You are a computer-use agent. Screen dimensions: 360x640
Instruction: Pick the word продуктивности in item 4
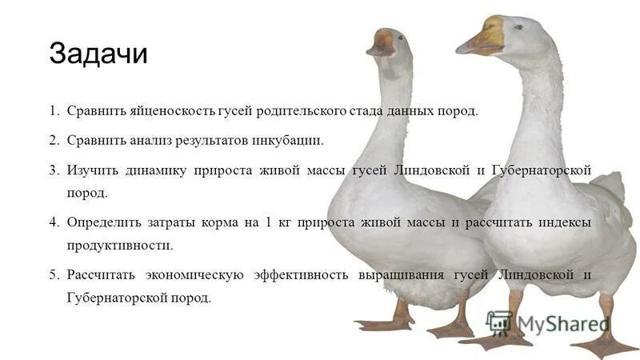click(x=120, y=246)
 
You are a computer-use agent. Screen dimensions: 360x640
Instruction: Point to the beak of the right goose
click(x=482, y=38)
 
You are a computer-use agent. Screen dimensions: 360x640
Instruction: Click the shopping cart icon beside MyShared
click(x=498, y=322)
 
